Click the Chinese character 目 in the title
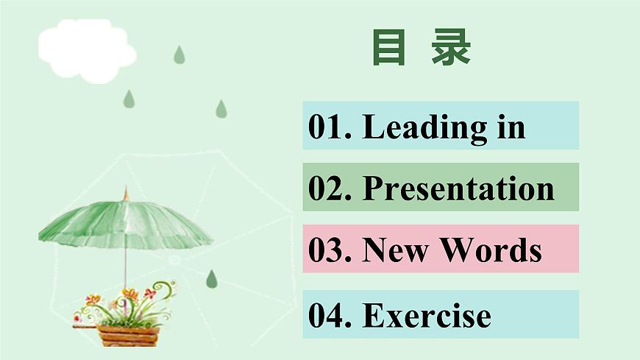pyautogui.click(x=388, y=48)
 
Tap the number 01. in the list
pyautogui.click(x=330, y=127)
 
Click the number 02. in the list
pyautogui.click(x=330, y=188)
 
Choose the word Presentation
pyautogui.click(x=458, y=188)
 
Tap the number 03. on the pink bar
pyautogui.click(x=330, y=250)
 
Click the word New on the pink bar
pyautogui.click(x=396, y=250)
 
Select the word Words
pyautogui.click(x=491, y=250)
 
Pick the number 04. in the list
pyautogui.click(x=330, y=315)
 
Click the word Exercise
pyautogui.click(x=427, y=315)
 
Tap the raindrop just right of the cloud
pyautogui.click(x=179, y=55)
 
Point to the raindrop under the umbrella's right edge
pyautogui.click(x=212, y=278)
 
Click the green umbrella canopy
pyautogui.click(x=125, y=221)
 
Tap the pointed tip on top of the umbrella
pyautogui.click(x=126, y=193)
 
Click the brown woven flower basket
pyautogui.click(x=128, y=335)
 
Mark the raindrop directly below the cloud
pyautogui.click(x=129, y=99)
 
